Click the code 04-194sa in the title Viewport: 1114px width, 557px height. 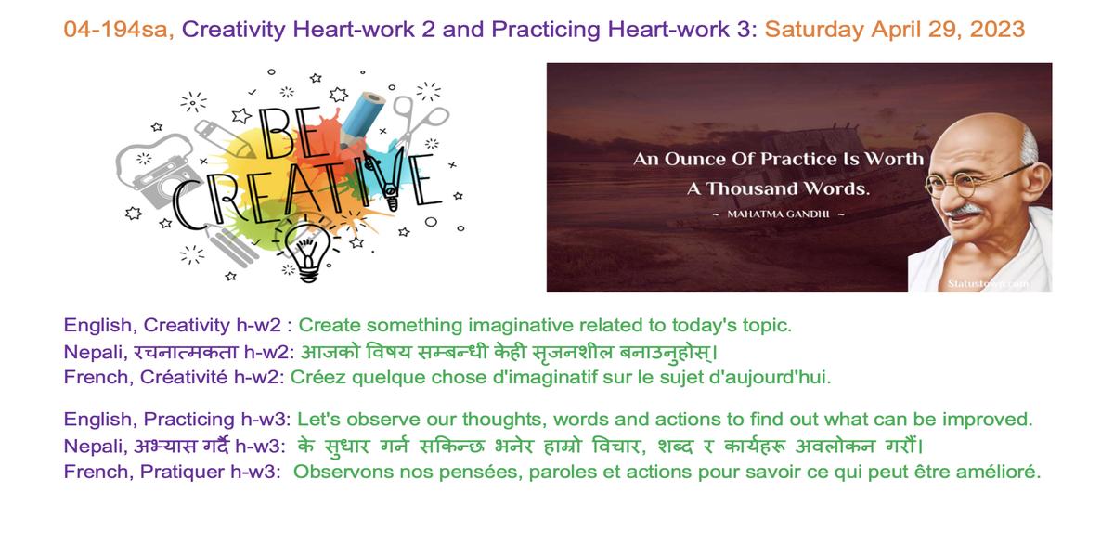coord(119,30)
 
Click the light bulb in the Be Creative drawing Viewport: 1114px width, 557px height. coord(308,253)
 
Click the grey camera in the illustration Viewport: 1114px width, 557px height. coord(158,172)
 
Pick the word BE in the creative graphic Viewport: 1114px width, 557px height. coord(290,134)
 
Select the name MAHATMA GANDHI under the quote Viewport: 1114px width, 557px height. coord(778,214)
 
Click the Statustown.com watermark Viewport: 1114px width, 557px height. coord(988,283)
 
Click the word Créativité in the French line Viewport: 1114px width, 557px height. coord(184,377)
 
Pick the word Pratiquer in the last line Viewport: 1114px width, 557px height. coord(182,472)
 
